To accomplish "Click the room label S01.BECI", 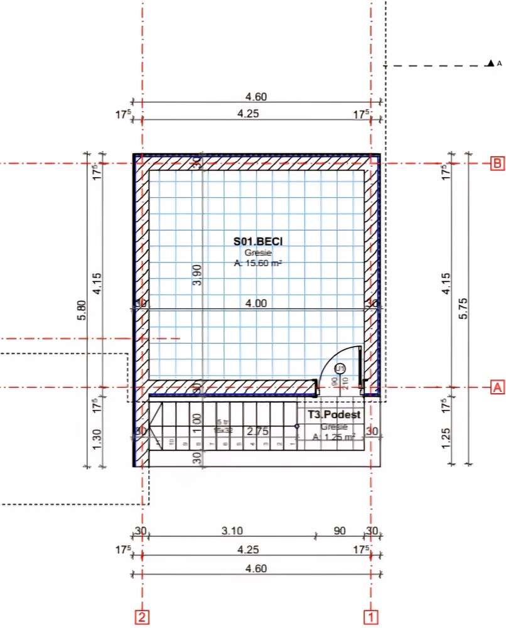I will click(256, 241).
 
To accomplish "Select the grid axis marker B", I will click(497, 163).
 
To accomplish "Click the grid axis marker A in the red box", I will click(497, 387).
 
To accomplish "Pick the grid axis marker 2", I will click(143, 617).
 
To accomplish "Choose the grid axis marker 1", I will click(372, 617).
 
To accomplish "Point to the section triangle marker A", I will click(490, 63).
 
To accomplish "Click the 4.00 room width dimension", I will click(256, 303).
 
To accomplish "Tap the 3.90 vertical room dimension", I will click(196, 275).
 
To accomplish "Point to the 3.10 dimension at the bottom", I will click(232, 531).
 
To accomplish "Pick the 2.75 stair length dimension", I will click(257, 431).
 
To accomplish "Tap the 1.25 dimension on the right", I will click(446, 438).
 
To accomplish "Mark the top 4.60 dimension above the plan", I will click(256, 97).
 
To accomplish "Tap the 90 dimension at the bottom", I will click(339, 531).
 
